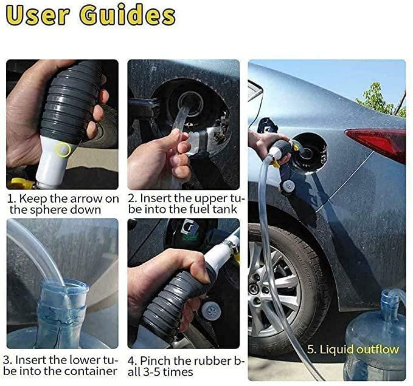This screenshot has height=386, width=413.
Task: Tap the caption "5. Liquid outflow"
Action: tap(353, 349)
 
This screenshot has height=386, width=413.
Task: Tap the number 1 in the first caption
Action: tap(10, 198)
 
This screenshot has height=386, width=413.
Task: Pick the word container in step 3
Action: tap(95, 371)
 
